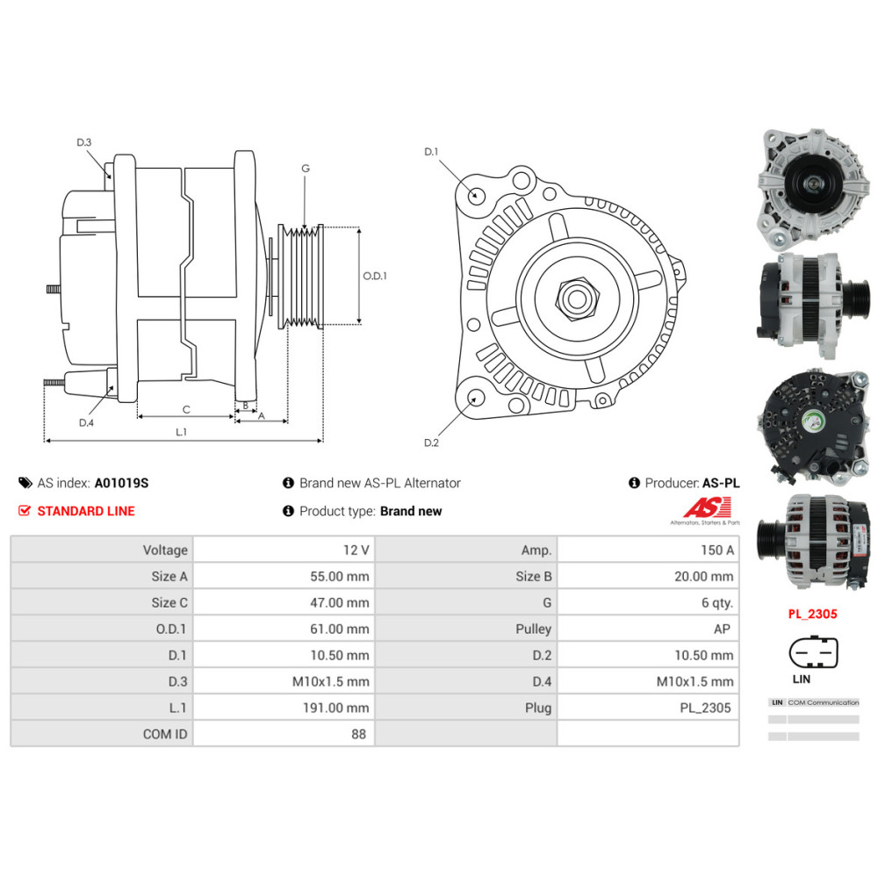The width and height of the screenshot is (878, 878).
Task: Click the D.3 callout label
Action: pos(84,142)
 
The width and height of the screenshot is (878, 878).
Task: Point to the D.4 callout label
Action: pos(86,423)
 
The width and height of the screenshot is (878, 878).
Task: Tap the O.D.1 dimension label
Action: pos(375,276)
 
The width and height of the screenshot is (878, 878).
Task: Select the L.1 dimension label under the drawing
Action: pos(182,432)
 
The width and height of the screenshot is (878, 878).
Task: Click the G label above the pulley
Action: pos(305,169)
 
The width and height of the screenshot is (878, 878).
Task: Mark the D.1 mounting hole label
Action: pos(431,152)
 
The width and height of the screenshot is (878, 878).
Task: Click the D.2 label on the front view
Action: pos(431,443)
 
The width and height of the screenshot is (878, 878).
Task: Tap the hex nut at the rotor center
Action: pos(575,299)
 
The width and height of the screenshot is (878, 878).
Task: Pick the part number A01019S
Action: pos(121,483)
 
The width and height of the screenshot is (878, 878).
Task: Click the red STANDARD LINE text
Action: pos(86,511)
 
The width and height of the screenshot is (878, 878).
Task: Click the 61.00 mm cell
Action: pos(343,629)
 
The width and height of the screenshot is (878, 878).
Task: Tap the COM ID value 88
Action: pos(358,734)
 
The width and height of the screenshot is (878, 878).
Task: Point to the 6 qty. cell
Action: pos(716,603)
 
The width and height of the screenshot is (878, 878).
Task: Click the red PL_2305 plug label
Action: pos(812,615)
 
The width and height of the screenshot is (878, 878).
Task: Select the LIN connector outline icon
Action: pos(813,654)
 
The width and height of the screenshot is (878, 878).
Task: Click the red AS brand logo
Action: pos(700,508)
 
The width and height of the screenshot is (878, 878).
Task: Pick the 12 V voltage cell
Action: pos(356,551)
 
